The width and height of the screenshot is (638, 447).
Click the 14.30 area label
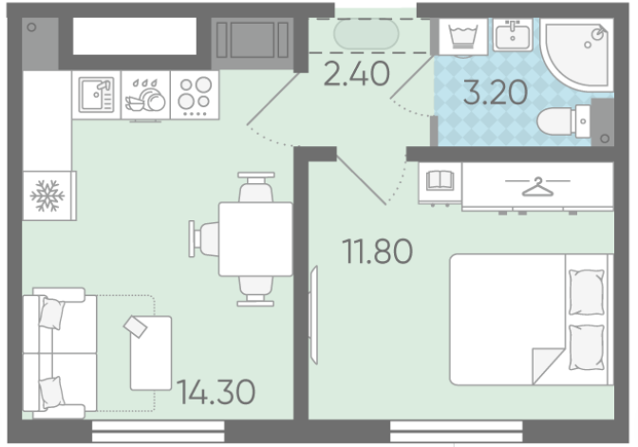[216, 392]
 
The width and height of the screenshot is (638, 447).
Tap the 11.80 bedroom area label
[377, 251]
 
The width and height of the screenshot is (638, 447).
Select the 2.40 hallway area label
[356, 74]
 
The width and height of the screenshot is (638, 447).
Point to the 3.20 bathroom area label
[496, 92]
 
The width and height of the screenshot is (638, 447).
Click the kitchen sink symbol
[96, 95]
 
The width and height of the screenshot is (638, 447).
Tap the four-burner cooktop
[195, 95]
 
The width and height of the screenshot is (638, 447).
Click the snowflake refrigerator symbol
[47, 196]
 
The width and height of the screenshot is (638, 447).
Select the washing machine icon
[462, 37]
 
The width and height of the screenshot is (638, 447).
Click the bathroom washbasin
[513, 35]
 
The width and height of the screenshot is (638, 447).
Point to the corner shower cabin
[578, 54]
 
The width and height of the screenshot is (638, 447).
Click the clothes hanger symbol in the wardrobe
[537, 186]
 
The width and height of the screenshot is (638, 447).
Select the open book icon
[440, 180]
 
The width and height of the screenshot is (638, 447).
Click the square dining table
[255, 239]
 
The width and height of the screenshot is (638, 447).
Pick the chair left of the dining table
[204, 239]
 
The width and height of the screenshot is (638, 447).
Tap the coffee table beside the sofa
[151, 353]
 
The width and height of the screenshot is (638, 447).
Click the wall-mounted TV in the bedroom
[313, 315]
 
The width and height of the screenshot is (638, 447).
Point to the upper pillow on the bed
[586, 291]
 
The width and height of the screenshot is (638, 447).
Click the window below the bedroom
[456, 432]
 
